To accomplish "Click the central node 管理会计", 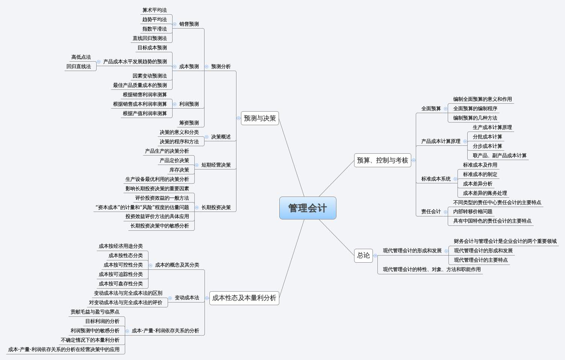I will tap(307, 208).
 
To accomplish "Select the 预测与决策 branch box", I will tap(260, 118).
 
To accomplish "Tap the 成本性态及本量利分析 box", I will tap(244, 298).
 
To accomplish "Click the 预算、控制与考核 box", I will tap(382, 160).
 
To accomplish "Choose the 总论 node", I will tap(363, 255).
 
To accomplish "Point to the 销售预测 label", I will tap(189, 24).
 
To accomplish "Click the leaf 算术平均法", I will tap(155, 10).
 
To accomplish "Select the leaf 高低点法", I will tap(81, 57).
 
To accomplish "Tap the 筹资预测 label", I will tap(189, 123).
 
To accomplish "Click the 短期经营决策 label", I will tap(216, 165).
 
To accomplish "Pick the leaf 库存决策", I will tap(179, 170).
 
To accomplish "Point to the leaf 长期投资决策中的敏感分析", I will tap(159, 226).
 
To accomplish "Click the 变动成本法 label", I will tap(186, 298).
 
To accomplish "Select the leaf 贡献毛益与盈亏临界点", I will tap(95, 312).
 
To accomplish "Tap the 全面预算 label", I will tap(431, 109).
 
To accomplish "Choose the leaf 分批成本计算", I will tap(487, 137).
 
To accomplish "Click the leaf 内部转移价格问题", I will tap(473, 212).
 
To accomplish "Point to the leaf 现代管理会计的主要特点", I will tap(480, 260).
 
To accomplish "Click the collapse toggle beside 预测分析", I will tap(206, 67).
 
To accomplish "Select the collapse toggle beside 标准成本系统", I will tap(455, 179).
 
